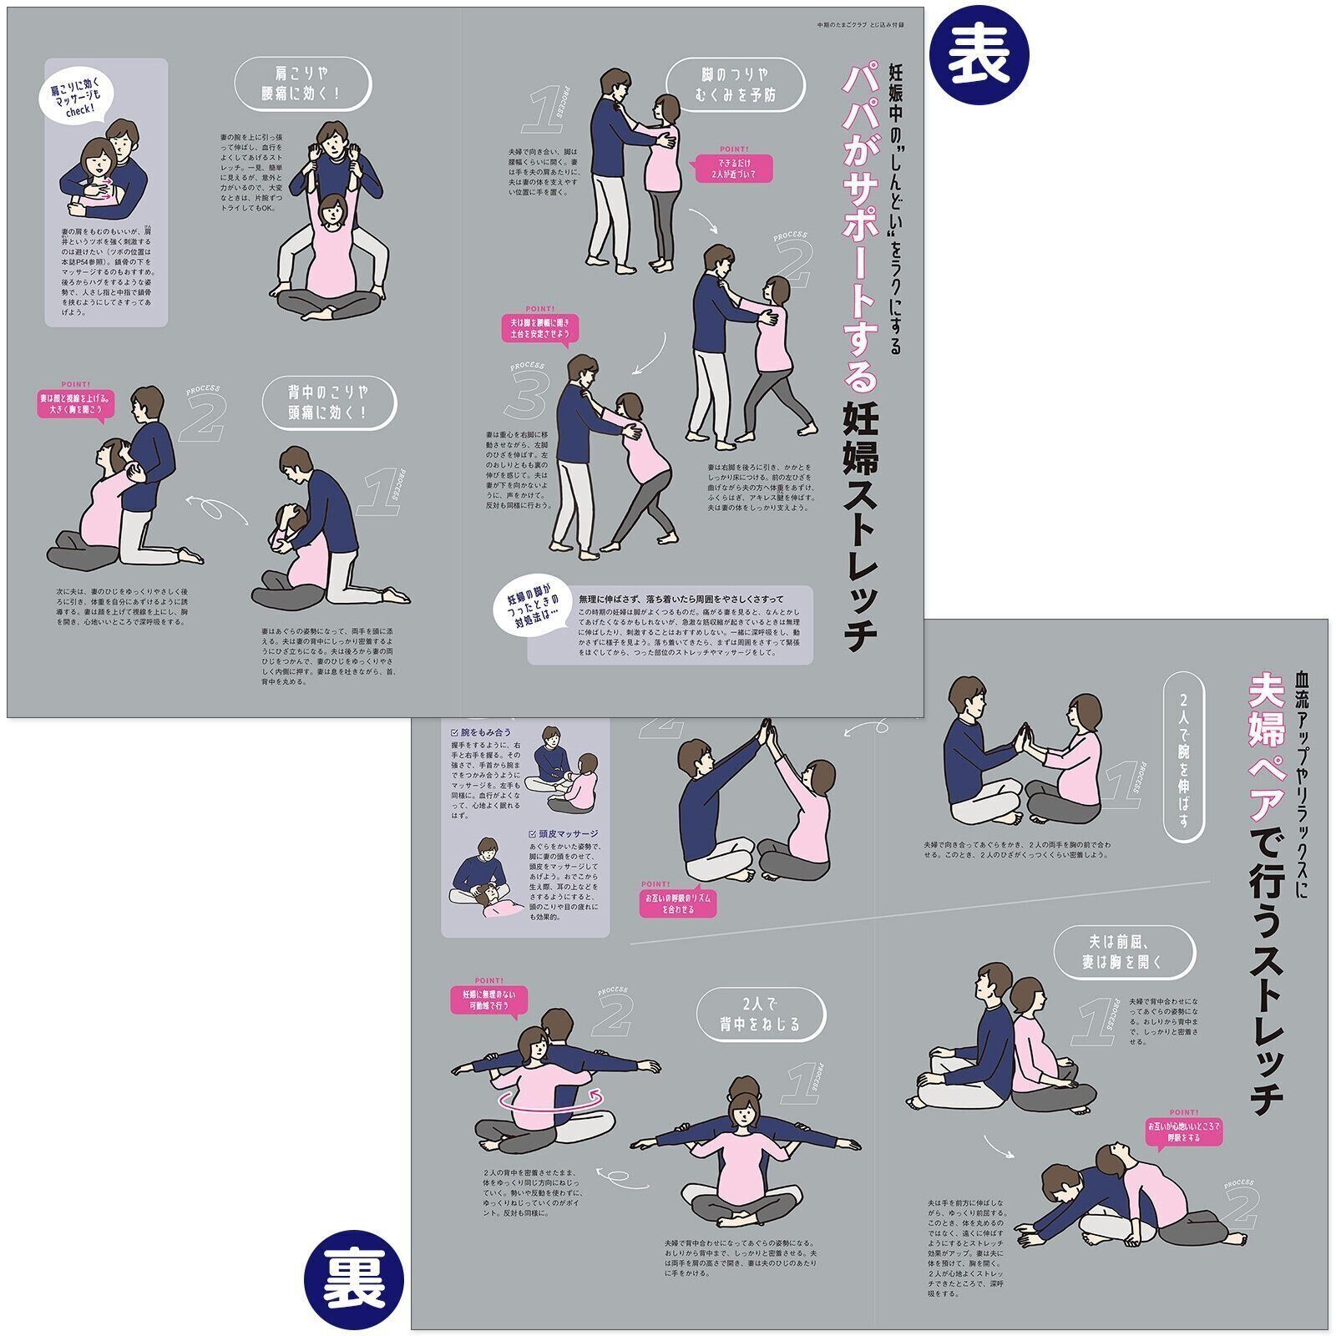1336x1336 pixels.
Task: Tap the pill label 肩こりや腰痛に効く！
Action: tap(302, 83)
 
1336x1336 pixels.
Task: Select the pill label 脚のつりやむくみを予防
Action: tap(736, 84)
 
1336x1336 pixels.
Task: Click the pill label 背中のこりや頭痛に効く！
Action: tap(329, 402)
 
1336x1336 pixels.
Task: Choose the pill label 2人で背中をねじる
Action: tap(760, 1014)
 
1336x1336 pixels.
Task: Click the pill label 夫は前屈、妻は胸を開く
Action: tap(1124, 952)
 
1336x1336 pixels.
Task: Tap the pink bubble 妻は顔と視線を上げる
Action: tap(77, 405)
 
